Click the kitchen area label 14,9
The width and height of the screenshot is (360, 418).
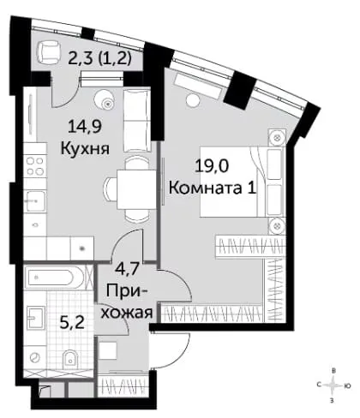85,127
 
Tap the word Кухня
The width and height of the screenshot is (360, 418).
85,148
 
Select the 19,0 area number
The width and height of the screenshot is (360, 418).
212,166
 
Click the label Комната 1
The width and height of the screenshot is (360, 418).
212,188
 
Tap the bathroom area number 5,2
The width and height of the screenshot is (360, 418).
72,323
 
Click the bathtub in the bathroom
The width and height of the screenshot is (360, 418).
54,278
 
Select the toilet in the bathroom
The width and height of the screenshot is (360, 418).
70,358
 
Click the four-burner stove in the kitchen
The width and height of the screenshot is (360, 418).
35,167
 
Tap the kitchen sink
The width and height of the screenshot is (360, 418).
35,200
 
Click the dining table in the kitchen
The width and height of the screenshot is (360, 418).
136,189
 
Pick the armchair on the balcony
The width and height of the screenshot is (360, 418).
49,51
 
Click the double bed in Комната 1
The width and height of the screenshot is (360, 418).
243,182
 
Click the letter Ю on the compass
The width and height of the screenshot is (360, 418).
347,386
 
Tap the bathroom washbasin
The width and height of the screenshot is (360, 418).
35,318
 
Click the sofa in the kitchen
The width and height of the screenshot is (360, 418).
137,121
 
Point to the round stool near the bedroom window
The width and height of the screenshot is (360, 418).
192,100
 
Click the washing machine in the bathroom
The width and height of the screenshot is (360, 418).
35,357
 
